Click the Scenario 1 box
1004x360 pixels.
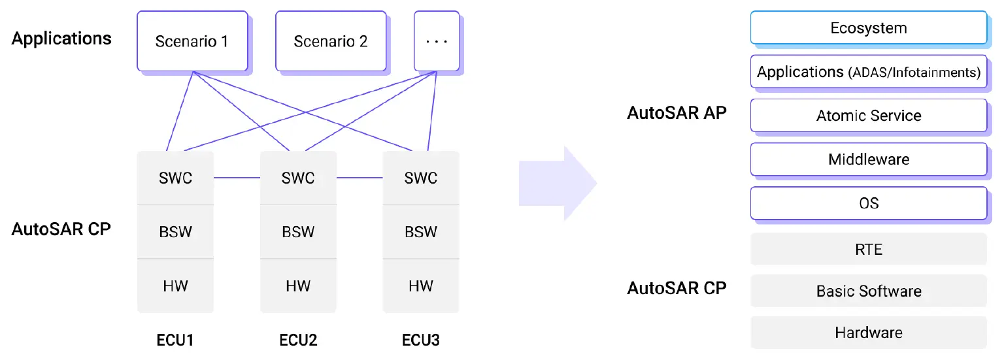coord(192,41)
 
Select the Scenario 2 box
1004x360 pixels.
coord(331,41)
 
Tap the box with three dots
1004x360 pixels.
coord(436,41)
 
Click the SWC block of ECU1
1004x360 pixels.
coord(175,178)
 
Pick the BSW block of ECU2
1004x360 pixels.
coord(298,232)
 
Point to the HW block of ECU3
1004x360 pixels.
coord(421,286)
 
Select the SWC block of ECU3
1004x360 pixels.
coord(421,178)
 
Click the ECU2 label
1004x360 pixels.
coord(298,340)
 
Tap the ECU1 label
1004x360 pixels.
coord(175,340)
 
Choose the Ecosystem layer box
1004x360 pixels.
coord(868,28)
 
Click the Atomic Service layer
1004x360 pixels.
coord(868,116)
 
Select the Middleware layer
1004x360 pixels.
coord(868,159)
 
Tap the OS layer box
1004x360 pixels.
coord(868,203)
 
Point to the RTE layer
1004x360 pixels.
coord(868,249)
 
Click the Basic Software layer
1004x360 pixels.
coord(868,291)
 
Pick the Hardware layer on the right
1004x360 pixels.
coord(868,333)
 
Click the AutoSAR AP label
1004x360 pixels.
coord(677,113)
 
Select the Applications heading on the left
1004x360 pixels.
coord(61,39)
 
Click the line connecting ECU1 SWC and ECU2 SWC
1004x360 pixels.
coord(237,177)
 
